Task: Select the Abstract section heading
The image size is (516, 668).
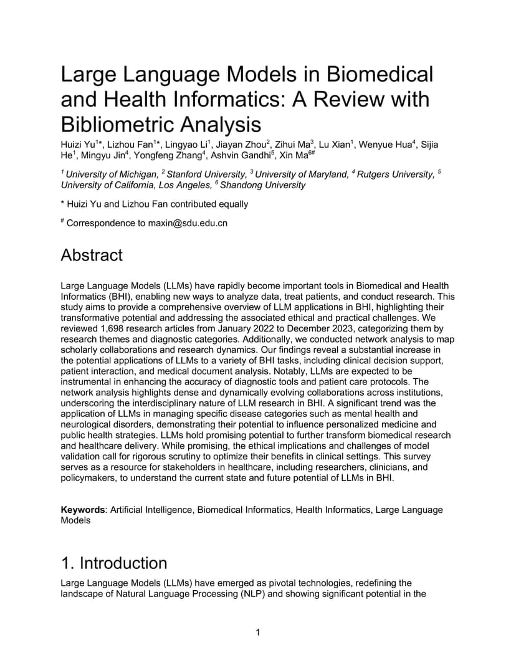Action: click(x=92, y=255)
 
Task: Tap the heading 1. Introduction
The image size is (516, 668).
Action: click(x=114, y=563)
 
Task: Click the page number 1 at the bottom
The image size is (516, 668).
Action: click(x=258, y=633)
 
